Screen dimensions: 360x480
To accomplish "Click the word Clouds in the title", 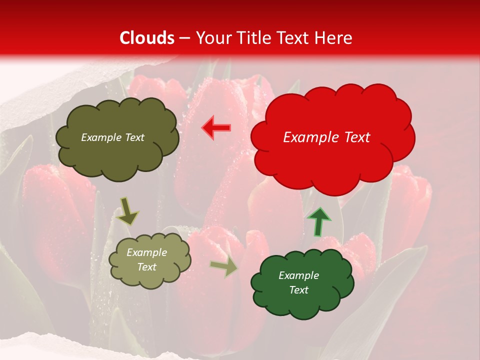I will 147,38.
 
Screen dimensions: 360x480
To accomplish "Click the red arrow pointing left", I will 216,128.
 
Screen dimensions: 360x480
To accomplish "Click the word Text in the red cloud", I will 353,137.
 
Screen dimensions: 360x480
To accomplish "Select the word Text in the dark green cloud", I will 298,290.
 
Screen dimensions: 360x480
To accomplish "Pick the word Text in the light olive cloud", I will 147,267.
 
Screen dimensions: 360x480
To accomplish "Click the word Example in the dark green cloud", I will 298,275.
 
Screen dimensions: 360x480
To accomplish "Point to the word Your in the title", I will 211,38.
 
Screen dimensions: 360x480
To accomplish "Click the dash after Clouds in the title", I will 184,38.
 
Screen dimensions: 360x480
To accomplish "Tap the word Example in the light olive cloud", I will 147,252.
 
